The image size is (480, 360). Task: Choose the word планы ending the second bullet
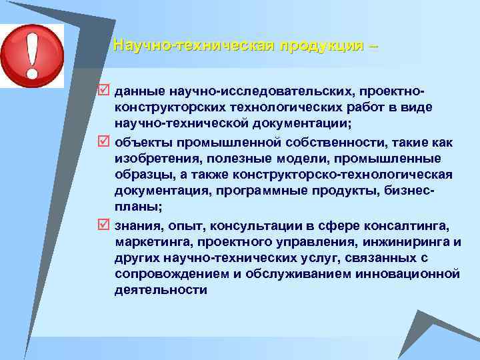click(134, 207)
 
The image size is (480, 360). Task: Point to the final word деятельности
click(161, 291)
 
